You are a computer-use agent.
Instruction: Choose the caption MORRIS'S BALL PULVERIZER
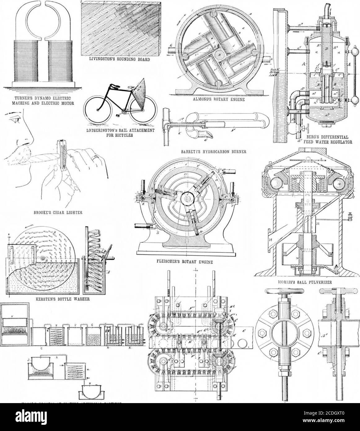click(x=305, y=282)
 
